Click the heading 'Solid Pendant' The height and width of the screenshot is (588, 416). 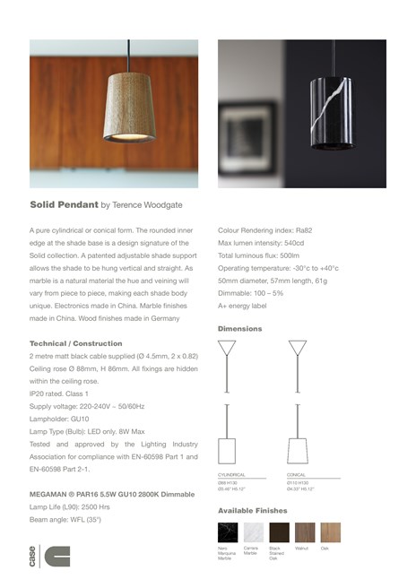tap(64, 204)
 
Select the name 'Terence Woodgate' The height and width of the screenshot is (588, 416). tap(155, 204)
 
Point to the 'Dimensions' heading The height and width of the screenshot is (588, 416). tap(240, 328)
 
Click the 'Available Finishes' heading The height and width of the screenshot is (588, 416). tap(253, 510)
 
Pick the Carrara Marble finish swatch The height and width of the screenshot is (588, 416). tap(254, 532)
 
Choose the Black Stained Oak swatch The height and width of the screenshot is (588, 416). tap(280, 532)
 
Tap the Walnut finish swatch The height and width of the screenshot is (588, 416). tap(306, 532)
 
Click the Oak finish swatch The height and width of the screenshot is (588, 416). tap(331, 532)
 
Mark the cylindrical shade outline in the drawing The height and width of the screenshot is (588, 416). tap(227, 449)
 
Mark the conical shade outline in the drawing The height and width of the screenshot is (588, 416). tap(297, 449)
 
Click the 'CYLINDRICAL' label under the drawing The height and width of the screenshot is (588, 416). tap(232, 475)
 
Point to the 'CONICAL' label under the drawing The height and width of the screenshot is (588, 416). tap(297, 475)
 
